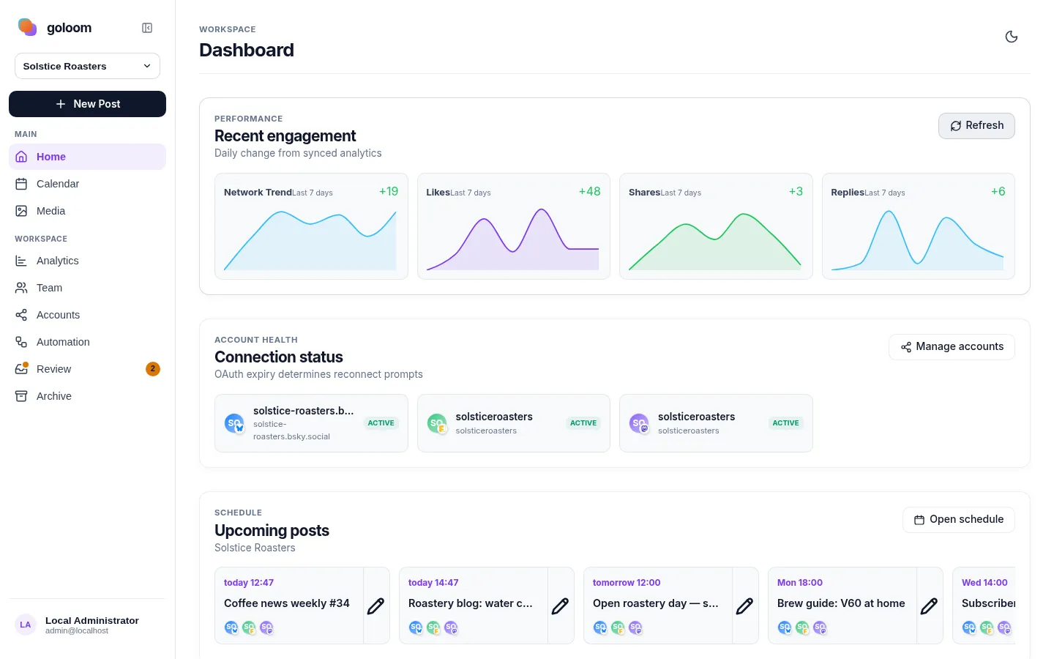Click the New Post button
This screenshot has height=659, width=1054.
click(88, 104)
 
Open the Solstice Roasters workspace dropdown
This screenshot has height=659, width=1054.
click(88, 66)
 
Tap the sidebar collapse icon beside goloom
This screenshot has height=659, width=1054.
click(147, 28)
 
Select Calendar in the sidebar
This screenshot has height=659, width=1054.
click(57, 184)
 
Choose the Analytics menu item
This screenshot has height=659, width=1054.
click(57, 261)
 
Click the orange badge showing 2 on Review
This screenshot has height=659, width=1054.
click(152, 369)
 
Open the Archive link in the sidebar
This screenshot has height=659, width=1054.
click(53, 396)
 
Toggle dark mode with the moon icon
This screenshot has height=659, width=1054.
click(1012, 37)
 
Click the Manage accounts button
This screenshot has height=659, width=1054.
click(952, 347)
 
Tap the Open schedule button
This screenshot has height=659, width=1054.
click(959, 520)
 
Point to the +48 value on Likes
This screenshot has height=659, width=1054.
click(590, 192)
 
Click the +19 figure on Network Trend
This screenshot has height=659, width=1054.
click(389, 192)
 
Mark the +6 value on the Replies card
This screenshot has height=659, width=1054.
click(998, 192)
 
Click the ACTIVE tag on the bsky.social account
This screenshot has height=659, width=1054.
click(381, 423)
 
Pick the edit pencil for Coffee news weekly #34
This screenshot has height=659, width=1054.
click(375, 606)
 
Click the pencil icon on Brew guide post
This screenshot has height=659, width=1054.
click(929, 606)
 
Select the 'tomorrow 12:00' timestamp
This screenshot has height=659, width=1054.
click(627, 583)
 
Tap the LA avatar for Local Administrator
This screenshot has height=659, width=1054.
click(26, 625)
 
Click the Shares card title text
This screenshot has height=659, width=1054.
click(644, 193)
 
